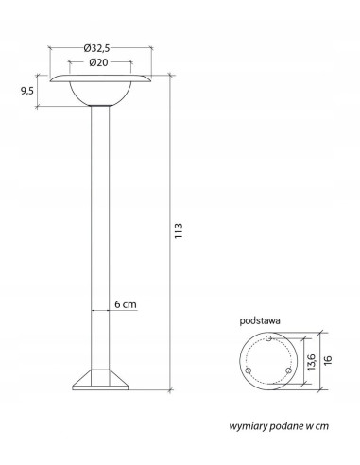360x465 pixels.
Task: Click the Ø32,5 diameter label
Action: pos(99,47)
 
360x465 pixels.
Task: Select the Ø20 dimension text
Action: pos(99,62)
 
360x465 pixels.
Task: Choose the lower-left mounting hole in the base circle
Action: pos(249,371)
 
